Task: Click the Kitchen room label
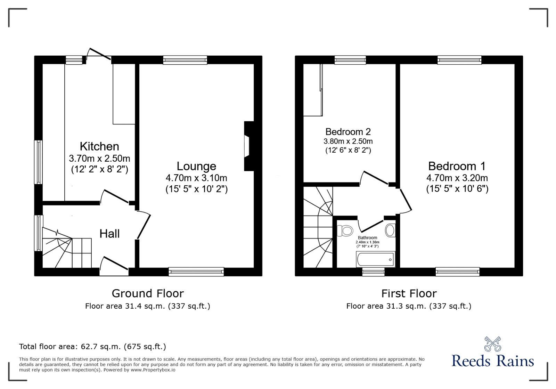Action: [99, 146]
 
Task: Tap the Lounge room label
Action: [196, 166]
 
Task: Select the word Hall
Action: [109, 234]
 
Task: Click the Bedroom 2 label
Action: [348, 132]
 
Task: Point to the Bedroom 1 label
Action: [457, 166]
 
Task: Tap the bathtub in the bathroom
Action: [376, 260]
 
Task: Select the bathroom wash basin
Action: [391, 230]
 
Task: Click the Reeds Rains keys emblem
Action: [492, 344]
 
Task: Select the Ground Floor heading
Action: [148, 293]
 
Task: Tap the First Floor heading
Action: [409, 293]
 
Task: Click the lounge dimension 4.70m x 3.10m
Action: [196, 178]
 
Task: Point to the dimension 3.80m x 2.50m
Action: [348, 141]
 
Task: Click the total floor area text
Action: [92, 347]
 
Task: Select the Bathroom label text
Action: [367, 238]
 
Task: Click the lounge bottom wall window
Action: [196, 272]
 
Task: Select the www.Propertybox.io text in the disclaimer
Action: [153, 370]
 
